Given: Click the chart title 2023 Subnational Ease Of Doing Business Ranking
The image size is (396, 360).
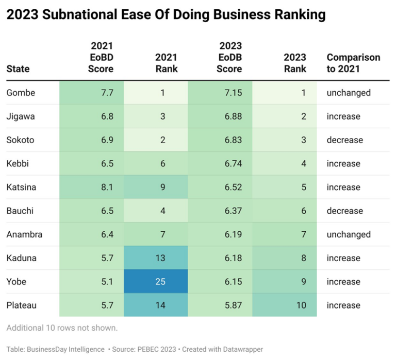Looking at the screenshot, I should tap(166, 15).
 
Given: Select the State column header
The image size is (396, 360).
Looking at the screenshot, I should tap(18, 69).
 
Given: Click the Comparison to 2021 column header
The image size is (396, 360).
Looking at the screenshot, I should tap(353, 63).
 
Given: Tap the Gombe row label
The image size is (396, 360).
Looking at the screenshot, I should tap(20, 93).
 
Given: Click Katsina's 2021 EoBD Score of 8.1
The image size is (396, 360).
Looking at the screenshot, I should tap(107, 187).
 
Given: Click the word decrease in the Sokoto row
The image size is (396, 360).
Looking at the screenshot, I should tap(345, 140).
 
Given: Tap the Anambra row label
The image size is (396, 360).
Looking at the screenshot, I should tap(24, 234).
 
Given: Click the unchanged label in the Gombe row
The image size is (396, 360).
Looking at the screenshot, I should tap(349, 93).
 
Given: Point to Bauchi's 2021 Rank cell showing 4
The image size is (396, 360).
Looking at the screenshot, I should tap(162, 211).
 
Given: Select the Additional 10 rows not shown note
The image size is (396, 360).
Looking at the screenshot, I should tap(62, 328).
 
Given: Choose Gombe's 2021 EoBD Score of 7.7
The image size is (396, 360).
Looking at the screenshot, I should tap(107, 93).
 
